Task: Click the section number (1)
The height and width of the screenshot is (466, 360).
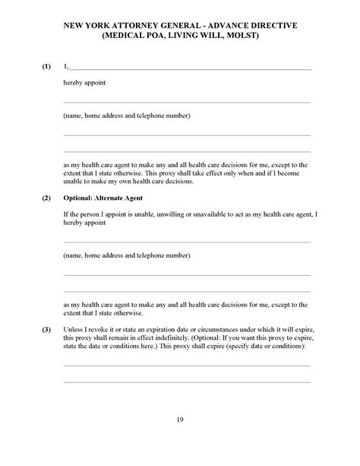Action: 47,67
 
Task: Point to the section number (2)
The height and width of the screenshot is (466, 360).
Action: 47,198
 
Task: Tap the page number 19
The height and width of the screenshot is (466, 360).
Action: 180,419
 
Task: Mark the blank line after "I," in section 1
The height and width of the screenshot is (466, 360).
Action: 190,68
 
